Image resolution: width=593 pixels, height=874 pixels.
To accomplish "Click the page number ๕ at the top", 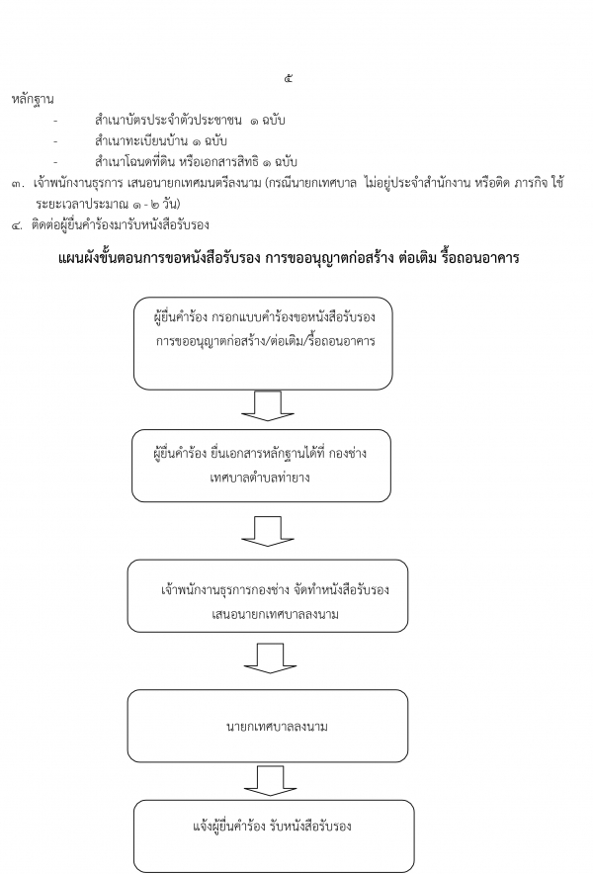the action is coord(288,78).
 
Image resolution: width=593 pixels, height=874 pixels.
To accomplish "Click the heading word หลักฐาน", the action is coord(33,100).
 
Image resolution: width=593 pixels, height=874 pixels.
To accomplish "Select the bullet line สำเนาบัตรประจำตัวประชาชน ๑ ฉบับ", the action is coord(190,121).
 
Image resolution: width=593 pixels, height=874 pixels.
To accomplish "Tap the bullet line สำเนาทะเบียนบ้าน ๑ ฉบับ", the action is coord(160,141).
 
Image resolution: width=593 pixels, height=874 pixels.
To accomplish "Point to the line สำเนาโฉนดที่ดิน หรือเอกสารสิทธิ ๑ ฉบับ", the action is coord(196,162).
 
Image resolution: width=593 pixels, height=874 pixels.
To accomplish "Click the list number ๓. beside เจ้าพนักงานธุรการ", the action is coord(19,183).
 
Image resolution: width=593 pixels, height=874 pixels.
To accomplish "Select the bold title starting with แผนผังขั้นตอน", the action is coord(289,258).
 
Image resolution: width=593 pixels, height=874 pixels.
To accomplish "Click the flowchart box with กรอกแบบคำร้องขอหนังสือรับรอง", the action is coord(263,343).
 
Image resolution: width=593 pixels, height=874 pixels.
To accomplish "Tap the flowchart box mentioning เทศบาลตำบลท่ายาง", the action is coord(261,466).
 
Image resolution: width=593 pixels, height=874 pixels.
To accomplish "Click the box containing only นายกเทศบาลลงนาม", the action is coord(268,726).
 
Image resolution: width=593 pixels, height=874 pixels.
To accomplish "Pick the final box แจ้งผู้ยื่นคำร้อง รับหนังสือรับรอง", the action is coord(274,836).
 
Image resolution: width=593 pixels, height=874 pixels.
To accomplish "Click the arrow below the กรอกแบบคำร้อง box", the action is coord(268,405).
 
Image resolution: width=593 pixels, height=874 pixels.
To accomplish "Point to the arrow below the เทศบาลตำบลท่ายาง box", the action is coord(268,531).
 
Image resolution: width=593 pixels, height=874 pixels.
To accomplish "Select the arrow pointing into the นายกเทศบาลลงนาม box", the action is coord(270,658).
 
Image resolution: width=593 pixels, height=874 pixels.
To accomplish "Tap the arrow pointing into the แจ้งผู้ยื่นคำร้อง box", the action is coord(270,780).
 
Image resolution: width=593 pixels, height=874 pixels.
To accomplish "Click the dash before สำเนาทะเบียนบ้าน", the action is coord(55,141).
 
